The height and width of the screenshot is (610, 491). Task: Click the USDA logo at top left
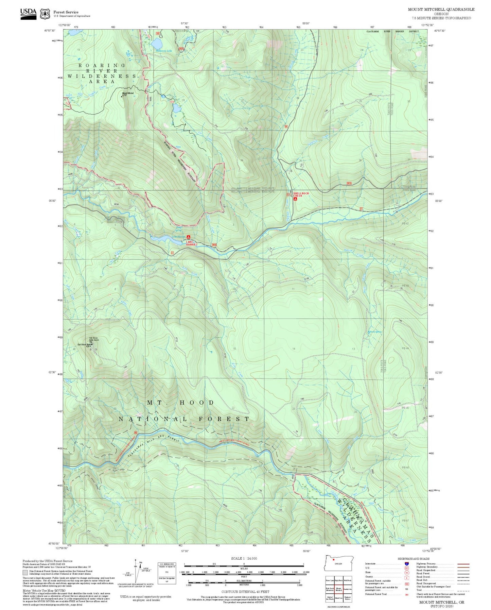(28, 14)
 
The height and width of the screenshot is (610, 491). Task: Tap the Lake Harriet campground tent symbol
(188, 237)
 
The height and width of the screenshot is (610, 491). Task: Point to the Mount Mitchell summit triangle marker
(122, 96)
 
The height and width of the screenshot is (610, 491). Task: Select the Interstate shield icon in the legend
(406, 563)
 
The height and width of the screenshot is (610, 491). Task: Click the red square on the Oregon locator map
(334, 559)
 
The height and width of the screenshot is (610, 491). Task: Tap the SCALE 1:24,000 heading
(244, 558)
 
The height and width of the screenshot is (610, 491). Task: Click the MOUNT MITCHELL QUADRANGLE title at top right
(441, 9)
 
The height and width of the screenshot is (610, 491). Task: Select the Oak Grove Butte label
(84, 344)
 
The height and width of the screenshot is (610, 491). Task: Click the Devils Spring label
(375, 332)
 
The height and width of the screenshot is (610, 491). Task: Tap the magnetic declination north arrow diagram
(136, 571)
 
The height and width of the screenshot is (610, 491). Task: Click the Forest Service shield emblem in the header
(45, 14)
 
